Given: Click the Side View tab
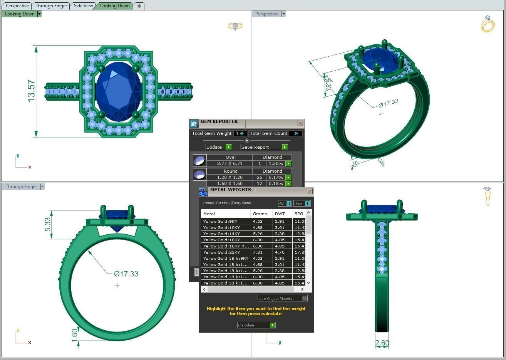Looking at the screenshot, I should pos(83,6).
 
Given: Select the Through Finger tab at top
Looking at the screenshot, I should pos(51,6).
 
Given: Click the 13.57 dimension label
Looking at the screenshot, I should pos(31,91).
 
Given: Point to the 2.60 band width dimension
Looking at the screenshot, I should pos(382,343).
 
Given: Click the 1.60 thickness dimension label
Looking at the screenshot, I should pos(75,334).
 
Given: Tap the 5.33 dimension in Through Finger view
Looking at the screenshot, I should pos(48,225).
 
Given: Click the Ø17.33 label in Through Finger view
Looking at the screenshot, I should pos(126,274).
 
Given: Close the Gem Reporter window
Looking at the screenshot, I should pos(300,123).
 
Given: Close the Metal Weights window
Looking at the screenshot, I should pos(310,192).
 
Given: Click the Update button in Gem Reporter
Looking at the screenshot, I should pos(218,147).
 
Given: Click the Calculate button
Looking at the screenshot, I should pos(256,325).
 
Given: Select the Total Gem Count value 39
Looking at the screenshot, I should pos(296,133).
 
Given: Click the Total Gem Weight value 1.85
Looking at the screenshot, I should pos(240,133).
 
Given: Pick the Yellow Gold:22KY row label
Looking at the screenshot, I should pos(221,252).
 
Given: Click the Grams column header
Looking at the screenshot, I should pos(260,214).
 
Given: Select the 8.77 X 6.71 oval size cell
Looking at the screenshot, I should pos(230,163).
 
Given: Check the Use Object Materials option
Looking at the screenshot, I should pos(304,298).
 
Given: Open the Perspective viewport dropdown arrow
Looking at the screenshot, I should pos(283,14).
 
